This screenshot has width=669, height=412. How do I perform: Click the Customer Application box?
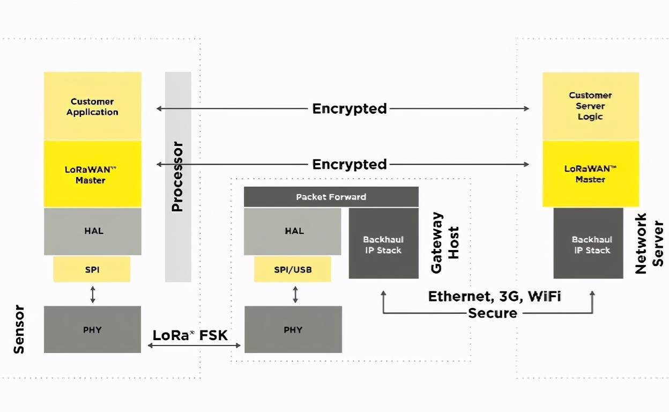tap(93, 106)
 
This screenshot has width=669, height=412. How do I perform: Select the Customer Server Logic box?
tap(590, 106)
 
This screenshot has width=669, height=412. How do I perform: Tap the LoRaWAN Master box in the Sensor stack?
tap(93, 174)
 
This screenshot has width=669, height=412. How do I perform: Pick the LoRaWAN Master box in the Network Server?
tap(590, 174)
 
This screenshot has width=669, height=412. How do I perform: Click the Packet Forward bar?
tap(331, 197)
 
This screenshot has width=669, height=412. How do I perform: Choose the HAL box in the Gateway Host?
tap(293, 231)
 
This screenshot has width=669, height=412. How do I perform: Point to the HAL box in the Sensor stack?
tap(93, 231)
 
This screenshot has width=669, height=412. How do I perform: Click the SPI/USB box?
tap(293, 269)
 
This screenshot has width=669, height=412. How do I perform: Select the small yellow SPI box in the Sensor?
tap(92, 269)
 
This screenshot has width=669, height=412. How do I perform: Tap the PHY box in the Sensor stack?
tap(92, 329)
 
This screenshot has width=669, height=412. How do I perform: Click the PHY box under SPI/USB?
tap(293, 329)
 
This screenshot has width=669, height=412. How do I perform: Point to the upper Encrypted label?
tap(350, 108)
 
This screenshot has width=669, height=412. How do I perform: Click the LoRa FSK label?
tap(190, 335)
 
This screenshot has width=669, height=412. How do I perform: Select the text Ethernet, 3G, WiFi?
tap(494, 296)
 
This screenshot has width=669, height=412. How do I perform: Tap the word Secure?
tap(493, 313)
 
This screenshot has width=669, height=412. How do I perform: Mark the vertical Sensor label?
tap(19, 329)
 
